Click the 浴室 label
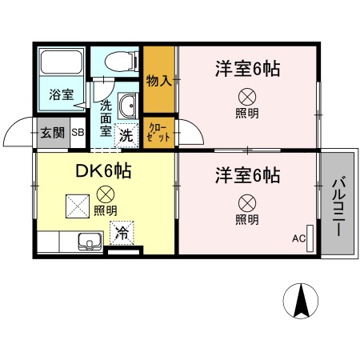coord(62,94)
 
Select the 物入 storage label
coord(159,80)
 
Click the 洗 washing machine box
coord(126,135)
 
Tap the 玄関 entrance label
coord(52,134)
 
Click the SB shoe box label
coord(78,134)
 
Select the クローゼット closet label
coord(158,133)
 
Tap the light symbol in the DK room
coord(104,194)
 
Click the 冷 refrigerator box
coord(122,234)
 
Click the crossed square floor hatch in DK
coord(78,206)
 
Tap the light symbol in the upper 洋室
coord(246,96)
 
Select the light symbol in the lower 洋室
coord(246,202)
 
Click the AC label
coord(298,238)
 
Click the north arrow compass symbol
coord(302,302)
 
